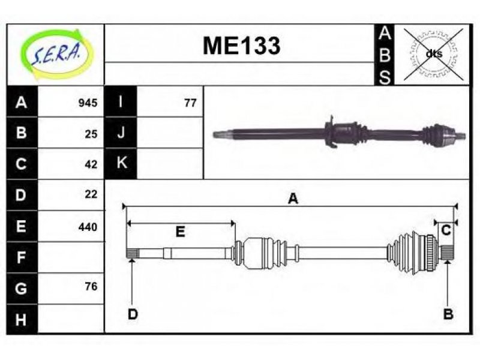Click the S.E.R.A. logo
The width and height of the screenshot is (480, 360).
[55, 54]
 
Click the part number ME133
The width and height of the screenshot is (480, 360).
[242, 46]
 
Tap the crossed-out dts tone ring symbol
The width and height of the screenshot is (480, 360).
[433, 54]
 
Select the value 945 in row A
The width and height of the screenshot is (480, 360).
[88, 103]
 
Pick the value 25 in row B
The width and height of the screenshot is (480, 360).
[91, 134]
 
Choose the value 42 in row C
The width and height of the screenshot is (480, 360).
[91, 164]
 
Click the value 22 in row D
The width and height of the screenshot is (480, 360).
[91, 194]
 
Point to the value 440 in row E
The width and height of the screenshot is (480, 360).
[88, 227]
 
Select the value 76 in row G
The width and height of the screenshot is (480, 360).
[91, 286]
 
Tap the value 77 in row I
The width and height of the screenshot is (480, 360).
[190, 103]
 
